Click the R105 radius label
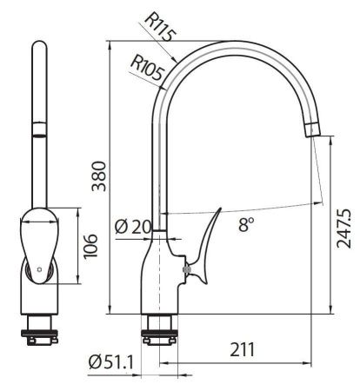(x=147, y=65)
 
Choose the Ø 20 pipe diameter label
(x=133, y=227)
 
